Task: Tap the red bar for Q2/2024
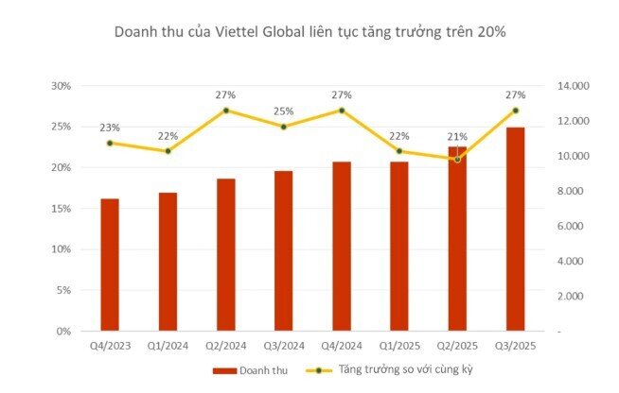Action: pos(226,254)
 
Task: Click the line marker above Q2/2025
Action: pos(457,159)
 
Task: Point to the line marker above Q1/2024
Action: pos(168,151)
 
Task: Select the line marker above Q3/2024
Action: pos(284,127)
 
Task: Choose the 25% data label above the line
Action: pos(284,111)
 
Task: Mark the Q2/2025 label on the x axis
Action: pos(457,347)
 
